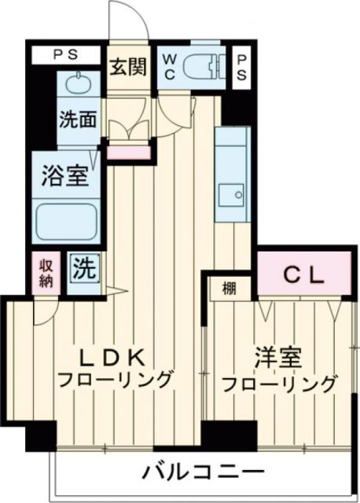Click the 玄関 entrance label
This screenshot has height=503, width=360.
pos(128,68)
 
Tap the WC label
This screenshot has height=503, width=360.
pos(168,68)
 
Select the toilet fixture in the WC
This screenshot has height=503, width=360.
pos(203,67)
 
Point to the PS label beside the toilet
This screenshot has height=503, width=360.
pos(242,68)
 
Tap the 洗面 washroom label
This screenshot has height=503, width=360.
pos(78,120)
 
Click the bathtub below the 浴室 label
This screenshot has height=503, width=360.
pos(68,222)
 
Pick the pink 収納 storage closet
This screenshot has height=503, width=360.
pos(44,272)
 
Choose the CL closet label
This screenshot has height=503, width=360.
pos(304,274)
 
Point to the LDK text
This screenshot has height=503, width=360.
pos(115,358)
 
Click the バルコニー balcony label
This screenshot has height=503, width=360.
pos(203,473)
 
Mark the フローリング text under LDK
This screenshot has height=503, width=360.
pos(115,382)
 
